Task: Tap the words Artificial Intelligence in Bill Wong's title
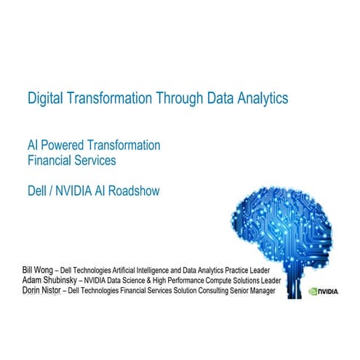click(151, 271)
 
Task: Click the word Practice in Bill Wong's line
click(249, 271)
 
